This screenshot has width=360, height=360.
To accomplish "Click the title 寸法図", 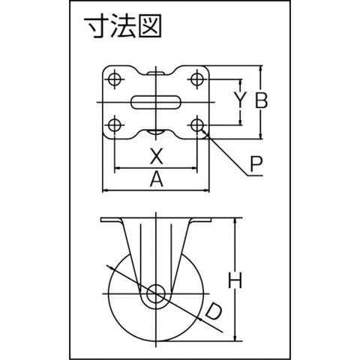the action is coord(123,25).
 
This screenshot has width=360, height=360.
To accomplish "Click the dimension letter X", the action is coord(157,156).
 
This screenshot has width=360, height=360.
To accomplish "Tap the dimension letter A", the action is coord(157,178).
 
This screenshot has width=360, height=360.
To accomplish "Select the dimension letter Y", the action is coord(240,100).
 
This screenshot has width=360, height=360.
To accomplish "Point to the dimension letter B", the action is coord(261,100).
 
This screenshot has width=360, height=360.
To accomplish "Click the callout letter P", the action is coord(256,164).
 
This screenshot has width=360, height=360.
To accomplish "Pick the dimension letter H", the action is coord(235,280).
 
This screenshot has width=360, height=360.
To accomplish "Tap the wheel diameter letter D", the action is coord(214,311).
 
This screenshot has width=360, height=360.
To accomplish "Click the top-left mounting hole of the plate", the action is coord(115,79).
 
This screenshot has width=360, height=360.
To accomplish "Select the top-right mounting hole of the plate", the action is coord(197,79).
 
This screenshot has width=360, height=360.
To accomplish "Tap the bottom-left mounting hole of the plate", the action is coord(115,124).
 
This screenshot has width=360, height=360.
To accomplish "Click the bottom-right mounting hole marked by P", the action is coord(197,124).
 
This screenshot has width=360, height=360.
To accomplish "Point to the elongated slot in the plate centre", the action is coord(156,102).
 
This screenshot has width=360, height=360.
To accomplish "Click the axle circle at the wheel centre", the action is coord(156,293).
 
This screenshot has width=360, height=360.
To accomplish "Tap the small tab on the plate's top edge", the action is coord(155,73).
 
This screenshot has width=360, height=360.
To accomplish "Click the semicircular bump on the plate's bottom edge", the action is coord(155,132).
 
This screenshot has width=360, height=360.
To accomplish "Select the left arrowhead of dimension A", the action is coord(105,190).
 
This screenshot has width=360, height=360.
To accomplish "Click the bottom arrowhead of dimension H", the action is coord(235,337).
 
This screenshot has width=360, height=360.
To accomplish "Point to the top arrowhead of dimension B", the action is coord(261,68).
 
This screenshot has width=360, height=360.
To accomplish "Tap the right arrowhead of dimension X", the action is coord(194,168).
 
